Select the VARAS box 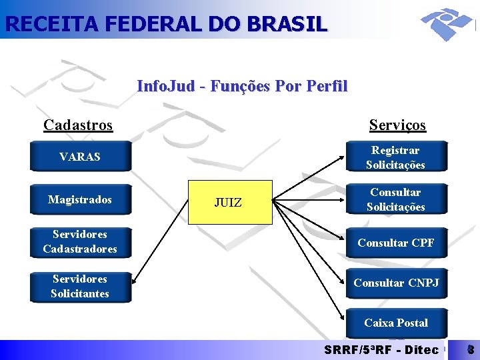click(x=80, y=157)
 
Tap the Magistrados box click(x=80, y=199)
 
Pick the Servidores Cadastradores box click(x=80, y=241)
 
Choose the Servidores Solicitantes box click(x=80, y=286)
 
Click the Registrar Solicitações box click(x=395, y=157)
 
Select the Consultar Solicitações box click(x=395, y=199)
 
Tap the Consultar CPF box click(x=395, y=243)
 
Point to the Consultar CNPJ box click(x=395, y=283)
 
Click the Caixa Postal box click(x=395, y=323)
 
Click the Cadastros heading click(x=78, y=125)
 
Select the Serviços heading click(x=397, y=125)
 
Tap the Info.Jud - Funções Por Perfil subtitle click(x=242, y=86)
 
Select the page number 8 click(x=470, y=349)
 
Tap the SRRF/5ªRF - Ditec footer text click(x=381, y=349)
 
